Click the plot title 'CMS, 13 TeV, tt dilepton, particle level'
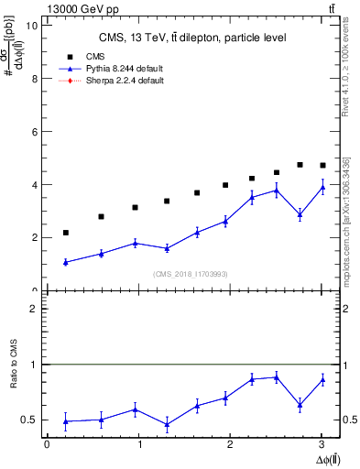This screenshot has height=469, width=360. [192, 38]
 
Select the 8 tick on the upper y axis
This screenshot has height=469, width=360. [34, 79]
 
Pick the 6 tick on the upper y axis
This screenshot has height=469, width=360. [34, 132]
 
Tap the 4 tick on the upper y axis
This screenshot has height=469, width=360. [34, 185]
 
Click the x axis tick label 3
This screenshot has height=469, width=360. [322, 444]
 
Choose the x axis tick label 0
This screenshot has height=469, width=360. [47, 444]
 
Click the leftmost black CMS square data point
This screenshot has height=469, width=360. [66, 233]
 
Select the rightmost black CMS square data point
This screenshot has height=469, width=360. [322, 166]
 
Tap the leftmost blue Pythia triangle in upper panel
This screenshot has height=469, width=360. [66, 262]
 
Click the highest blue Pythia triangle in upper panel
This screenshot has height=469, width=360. [322, 187]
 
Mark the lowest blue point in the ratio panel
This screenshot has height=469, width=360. [167, 424]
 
